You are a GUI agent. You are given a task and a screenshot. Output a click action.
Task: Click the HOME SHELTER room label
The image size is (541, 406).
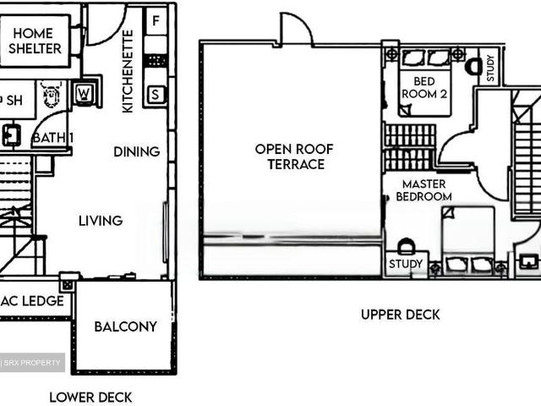click(35, 41)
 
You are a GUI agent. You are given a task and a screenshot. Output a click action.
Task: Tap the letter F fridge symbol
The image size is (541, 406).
click(156, 20)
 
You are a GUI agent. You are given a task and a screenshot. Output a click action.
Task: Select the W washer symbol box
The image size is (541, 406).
click(85, 94)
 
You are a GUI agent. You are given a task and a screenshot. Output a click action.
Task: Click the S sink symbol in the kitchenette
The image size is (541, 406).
click(156, 94)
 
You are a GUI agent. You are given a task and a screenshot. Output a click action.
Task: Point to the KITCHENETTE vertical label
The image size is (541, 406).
click(128, 71)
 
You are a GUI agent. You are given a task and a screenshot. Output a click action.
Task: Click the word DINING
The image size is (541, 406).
click(137, 151)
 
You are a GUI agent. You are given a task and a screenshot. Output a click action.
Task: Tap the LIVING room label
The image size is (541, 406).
click(101, 221)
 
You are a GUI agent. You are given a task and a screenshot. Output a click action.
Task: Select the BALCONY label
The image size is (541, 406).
click(126, 326)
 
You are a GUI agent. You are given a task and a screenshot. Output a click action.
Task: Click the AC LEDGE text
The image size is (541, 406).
click(32, 301)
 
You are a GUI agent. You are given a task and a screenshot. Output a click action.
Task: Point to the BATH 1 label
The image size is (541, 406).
click(52, 138)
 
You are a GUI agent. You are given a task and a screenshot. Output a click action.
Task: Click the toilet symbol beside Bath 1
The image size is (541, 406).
click(52, 94)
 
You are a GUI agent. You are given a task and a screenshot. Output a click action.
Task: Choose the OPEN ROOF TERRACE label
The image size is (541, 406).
click(294, 156)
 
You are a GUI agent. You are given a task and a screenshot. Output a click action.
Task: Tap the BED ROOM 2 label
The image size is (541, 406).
click(424, 88)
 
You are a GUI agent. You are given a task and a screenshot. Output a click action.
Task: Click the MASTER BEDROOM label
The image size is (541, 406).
click(424, 190)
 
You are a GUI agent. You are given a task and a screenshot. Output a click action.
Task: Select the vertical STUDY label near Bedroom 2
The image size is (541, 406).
click(490, 69)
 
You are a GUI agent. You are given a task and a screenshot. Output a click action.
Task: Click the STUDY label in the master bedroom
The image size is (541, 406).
click(406, 264)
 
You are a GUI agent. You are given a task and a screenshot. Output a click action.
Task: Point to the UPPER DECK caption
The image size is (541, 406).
click(400, 315)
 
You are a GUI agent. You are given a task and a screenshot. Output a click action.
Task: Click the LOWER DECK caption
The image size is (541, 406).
click(90, 398)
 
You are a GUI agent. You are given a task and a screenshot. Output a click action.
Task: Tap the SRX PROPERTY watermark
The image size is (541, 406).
click(32, 363)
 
